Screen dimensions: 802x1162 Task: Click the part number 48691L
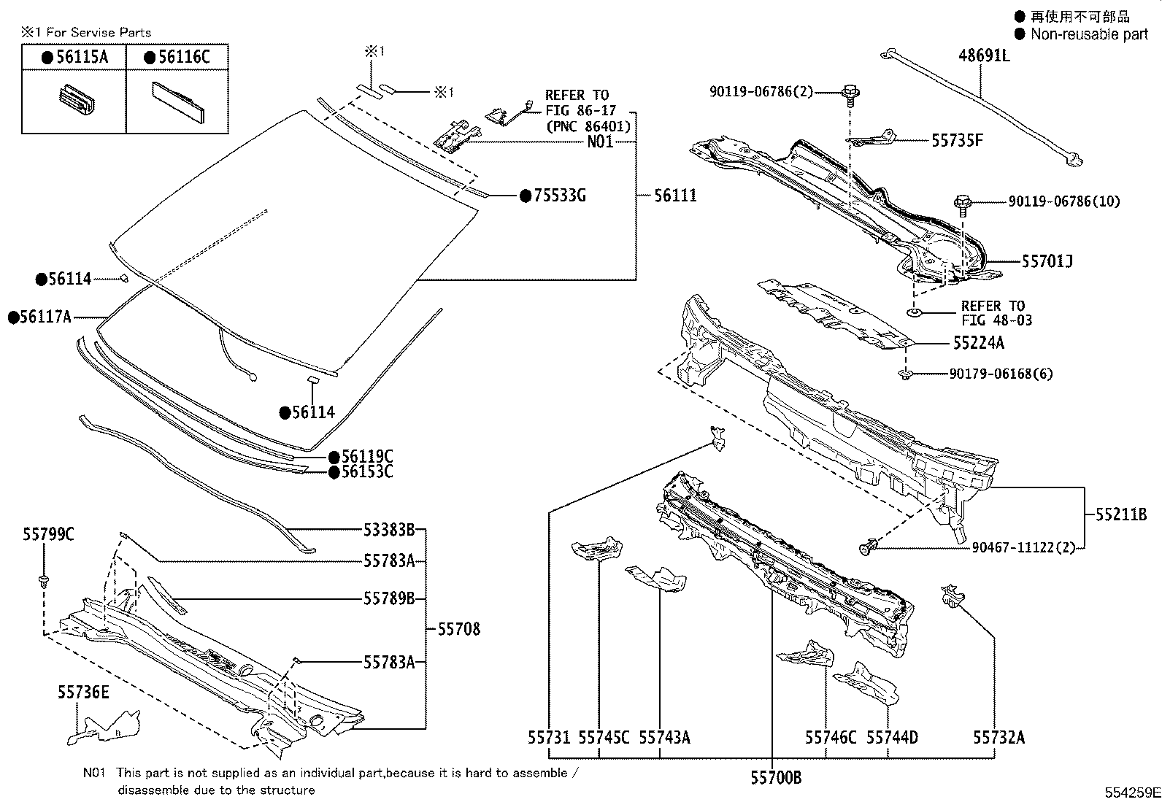click(x=984, y=55)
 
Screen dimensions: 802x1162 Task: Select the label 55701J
click(x=1047, y=261)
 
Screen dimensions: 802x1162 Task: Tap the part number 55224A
click(x=978, y=343)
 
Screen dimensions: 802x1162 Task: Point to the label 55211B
click(x=1121, y=514)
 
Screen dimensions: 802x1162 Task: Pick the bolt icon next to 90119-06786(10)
click(x=963, y=204)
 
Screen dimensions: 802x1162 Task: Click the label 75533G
click(x=559, y=196)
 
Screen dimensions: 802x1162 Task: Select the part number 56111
click(x=675, y=196)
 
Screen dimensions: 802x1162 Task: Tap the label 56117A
click(x=45, y=317)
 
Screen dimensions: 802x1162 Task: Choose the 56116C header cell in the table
click(x=177, y=58)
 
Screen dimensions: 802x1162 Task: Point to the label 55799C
click(x=48, y=535)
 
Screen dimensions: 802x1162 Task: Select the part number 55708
click(x=459, y=629)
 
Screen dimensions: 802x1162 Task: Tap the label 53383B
click(x=389, y=530)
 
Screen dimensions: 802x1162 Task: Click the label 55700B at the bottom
click(x=776, y=778)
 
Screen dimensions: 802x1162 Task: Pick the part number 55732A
click(x=999, y=738)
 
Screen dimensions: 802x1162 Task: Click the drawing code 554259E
click(x=1131, y=793)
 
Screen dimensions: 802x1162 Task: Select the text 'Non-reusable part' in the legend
click(x=1088, y=34)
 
